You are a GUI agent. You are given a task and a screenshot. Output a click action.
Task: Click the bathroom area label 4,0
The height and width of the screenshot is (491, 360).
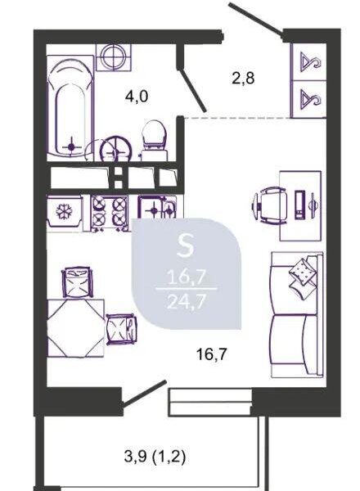click(137, 97)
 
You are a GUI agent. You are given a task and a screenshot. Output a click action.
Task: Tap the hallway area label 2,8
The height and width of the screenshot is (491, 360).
click(243, 78)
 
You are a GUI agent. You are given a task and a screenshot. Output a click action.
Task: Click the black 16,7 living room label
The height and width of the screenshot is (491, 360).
click(211, 354)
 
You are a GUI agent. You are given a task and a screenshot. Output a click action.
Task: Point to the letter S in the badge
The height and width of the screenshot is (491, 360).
click(186, 245)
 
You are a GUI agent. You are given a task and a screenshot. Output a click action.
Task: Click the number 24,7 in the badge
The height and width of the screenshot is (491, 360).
click(187, 302)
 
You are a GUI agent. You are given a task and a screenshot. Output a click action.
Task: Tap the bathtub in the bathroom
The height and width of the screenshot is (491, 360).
click(70, 108)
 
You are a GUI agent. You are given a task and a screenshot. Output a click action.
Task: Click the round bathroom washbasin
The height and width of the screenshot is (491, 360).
click(116, 149)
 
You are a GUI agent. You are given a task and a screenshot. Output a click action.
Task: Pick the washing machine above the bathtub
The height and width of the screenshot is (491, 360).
click(114, 57)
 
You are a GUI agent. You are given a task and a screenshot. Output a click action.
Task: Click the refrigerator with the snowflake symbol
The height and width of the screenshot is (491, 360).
click(65, 211)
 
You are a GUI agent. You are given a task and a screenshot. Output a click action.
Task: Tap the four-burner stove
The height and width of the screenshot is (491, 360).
click(110, 214)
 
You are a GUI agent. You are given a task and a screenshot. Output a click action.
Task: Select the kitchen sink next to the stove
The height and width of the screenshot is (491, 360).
click(157, 207)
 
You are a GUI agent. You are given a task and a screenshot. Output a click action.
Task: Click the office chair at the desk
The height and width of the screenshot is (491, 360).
click(270, 205)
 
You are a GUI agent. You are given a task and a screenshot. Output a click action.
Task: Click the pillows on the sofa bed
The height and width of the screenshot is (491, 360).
click(302, 274)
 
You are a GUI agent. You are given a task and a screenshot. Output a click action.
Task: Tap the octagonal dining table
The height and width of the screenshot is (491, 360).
click(76, 328)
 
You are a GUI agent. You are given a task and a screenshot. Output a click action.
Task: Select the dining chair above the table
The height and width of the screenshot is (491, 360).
click(77, 282)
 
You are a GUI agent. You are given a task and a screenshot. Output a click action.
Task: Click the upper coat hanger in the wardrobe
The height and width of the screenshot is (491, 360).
click(310, 61)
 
